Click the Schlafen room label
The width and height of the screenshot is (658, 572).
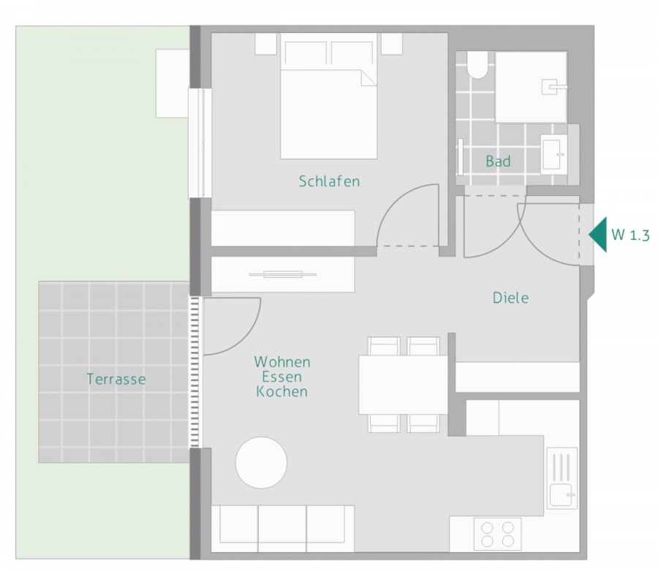tap(329, 181)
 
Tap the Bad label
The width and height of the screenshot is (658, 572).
tap(498, 161)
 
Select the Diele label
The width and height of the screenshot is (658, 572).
tap(510, 298)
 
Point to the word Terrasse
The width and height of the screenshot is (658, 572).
tap(116, 379)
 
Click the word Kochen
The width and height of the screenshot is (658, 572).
tap(282, 392)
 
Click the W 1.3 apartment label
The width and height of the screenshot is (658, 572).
tap(630, 236)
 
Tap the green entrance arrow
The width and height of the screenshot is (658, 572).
tap(598, 235)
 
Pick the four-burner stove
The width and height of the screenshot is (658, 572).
tap(497, 533)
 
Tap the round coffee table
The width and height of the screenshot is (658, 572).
tap(261, 462)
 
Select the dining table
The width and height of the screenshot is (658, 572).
tap(402, 384)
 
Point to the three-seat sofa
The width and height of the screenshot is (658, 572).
tap(277, 527)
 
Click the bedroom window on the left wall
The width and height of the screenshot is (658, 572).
tap(196, 143)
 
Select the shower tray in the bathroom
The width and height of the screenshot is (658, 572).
tap(532, 86)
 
